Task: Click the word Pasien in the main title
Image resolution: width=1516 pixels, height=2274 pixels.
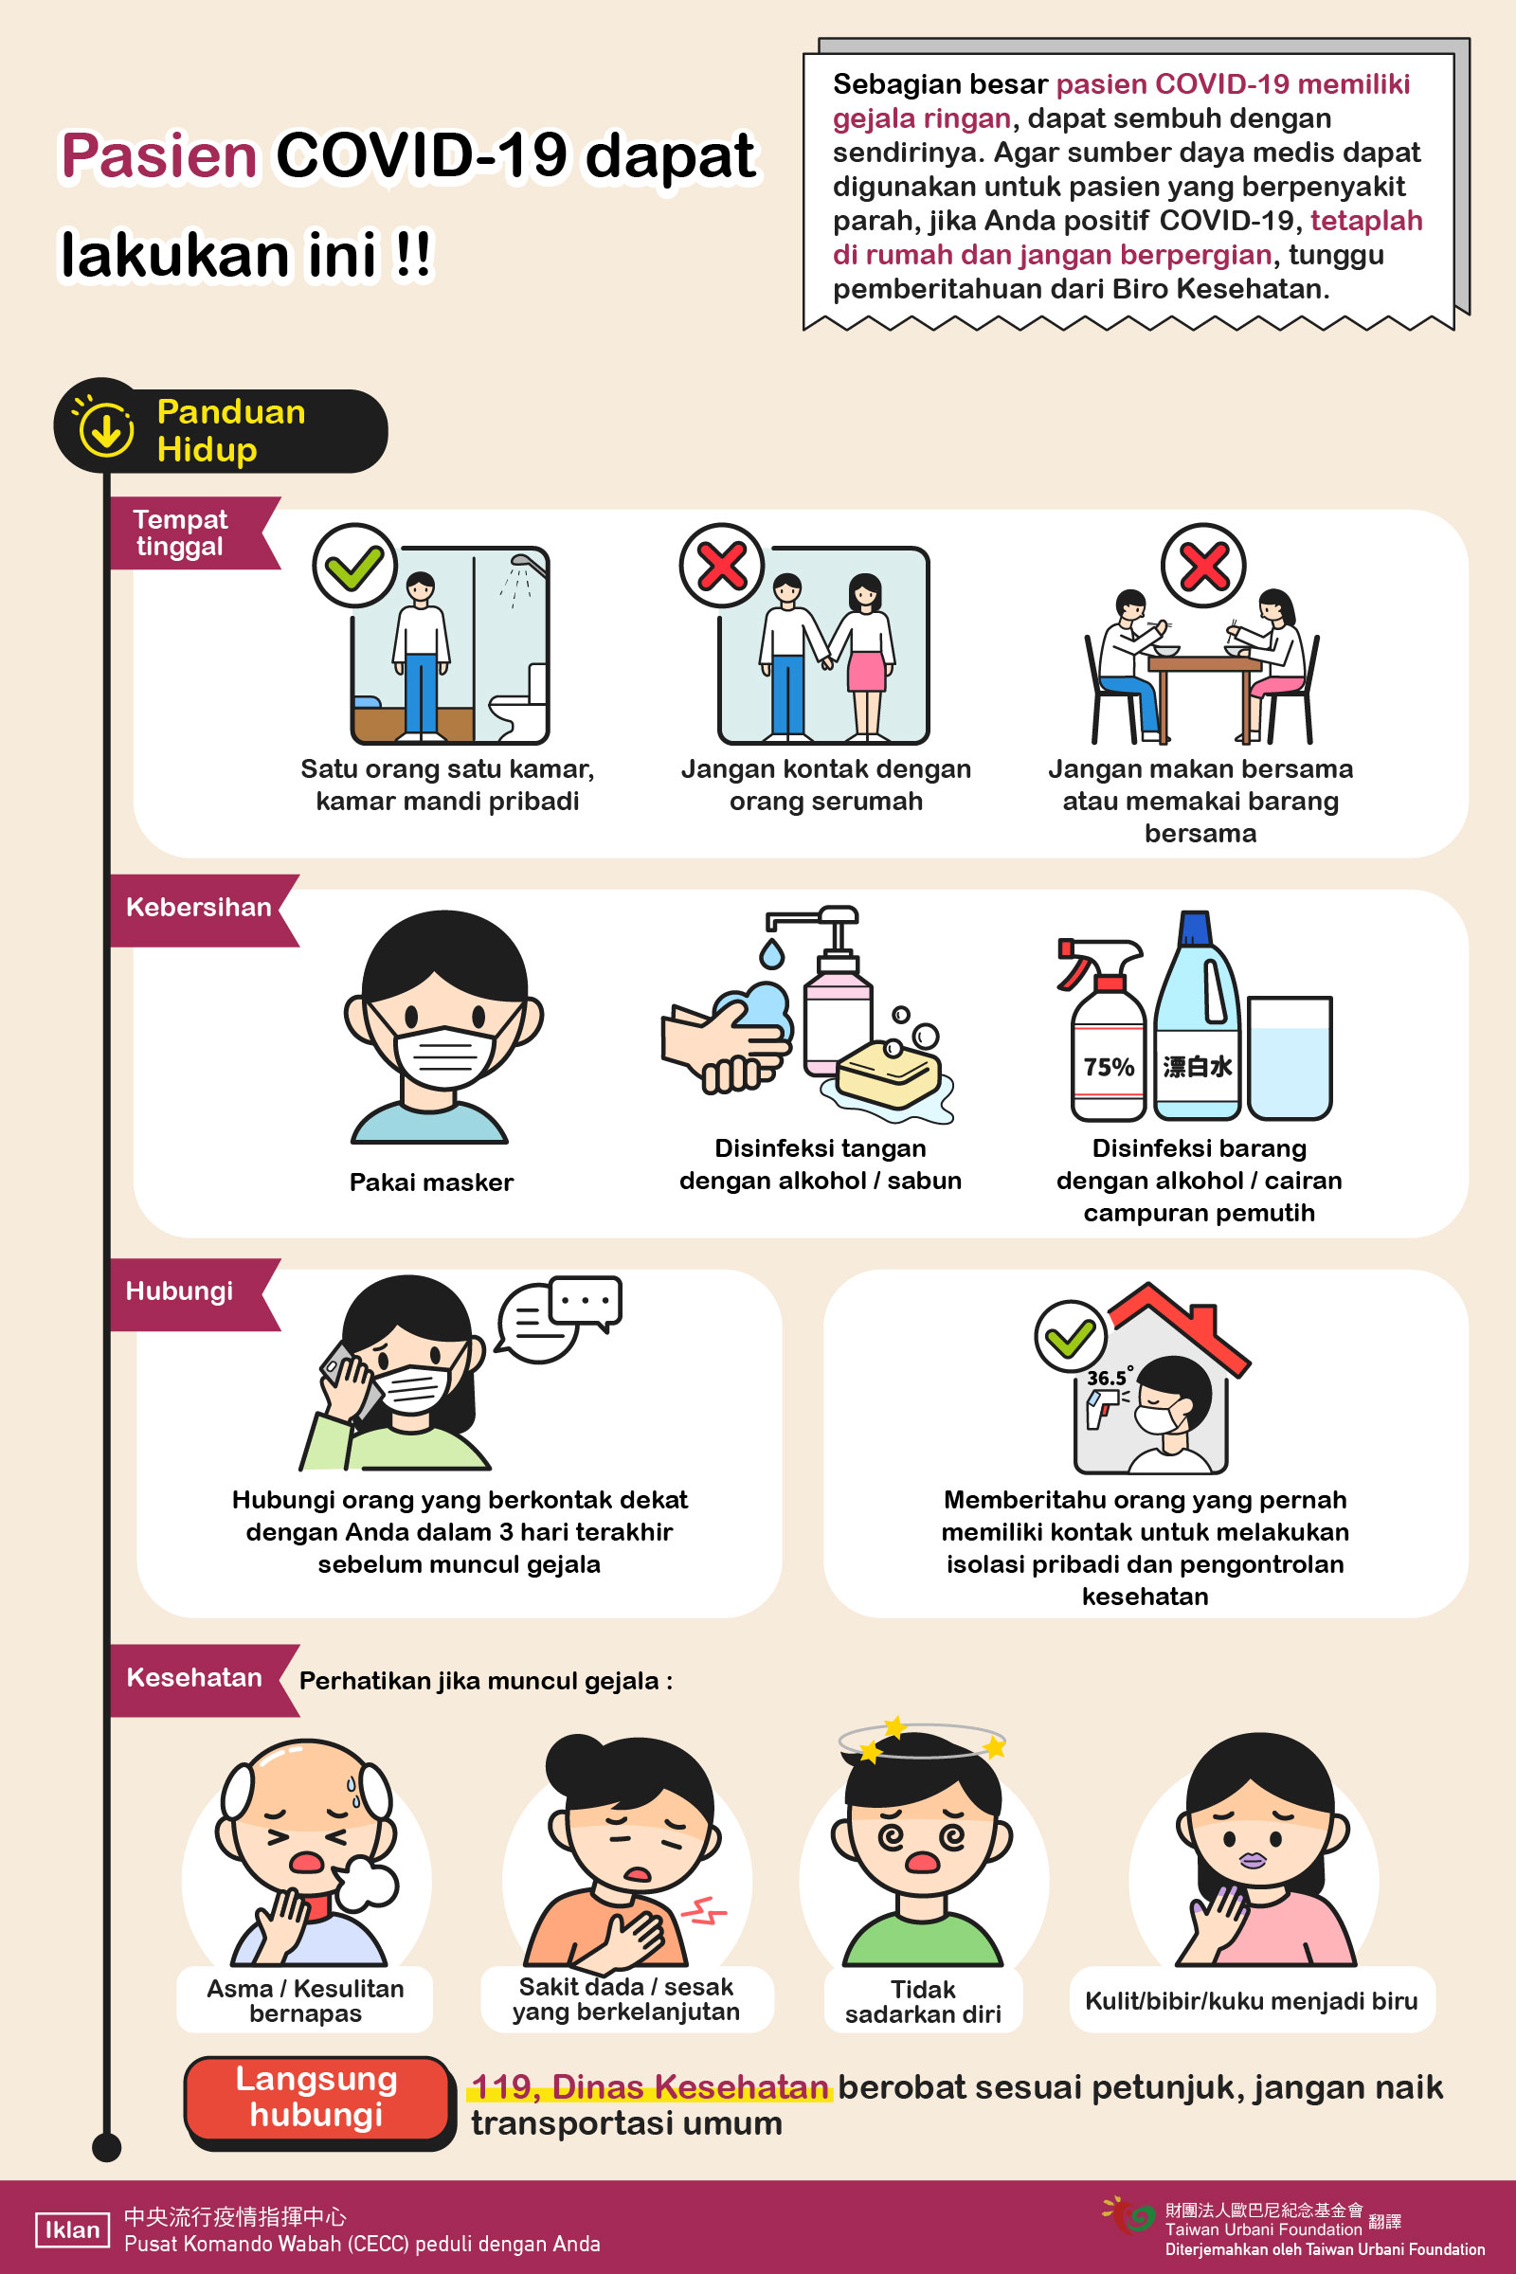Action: (x=159, y=155)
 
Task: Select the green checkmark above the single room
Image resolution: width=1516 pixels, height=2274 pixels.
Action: (x=354, y=566)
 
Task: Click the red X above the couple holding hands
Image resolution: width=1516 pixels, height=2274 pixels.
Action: (x=721, y=566)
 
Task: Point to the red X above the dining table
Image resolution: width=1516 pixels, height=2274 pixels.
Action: (x=1202, y=566)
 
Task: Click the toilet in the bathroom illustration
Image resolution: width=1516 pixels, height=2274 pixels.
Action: (x=520, y=703)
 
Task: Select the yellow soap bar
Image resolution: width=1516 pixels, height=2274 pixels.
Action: (x=888, y=1073)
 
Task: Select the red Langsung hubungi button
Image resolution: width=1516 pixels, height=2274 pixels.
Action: (x=318, y=2098)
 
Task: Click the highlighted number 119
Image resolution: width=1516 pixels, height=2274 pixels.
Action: (x=503, y=2086)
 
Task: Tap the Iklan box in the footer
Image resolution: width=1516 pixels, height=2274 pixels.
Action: (x=73, y=2229)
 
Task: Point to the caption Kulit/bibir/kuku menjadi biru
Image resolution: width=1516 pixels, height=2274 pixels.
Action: (x=1251, y=2000)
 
